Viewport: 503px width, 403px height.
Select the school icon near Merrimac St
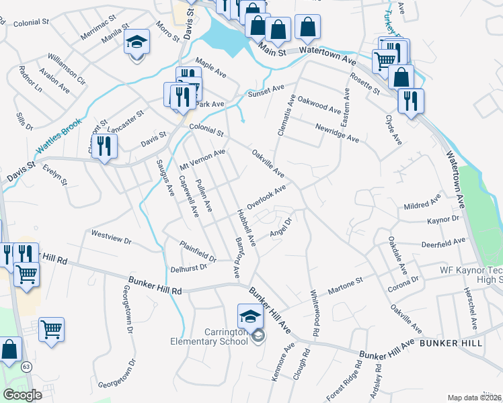click(x=137, y=43)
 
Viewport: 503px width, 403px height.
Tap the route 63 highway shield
click(x=26, y=367)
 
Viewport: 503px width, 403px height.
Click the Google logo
click(x=22, y=395)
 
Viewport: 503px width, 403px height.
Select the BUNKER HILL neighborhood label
click(x=451, y=343)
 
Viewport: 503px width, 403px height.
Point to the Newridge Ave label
click(x=337, y=132)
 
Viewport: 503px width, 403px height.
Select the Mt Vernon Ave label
click(x=202, y=160)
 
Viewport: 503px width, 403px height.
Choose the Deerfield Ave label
click(x=443, y=242)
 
